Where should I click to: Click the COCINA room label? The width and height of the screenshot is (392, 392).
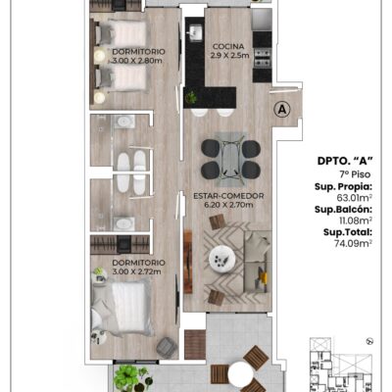point(228,46)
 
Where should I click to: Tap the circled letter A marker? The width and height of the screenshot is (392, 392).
point(281,110)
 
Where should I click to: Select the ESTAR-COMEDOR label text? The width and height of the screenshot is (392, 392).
point(228,196)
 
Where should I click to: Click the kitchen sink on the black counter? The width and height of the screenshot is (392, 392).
point(196,32)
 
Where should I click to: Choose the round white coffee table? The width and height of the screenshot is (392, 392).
point(222,259)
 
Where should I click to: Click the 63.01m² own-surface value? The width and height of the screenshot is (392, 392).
point(355,198)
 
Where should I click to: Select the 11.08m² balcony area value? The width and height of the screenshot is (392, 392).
point(356,220)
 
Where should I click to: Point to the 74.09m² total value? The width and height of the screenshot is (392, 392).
point(353,243)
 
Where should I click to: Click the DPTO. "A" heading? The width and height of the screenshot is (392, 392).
point(345,161)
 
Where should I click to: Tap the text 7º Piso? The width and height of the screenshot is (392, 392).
point(355,174)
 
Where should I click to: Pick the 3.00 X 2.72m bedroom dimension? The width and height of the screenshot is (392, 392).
point(136,271)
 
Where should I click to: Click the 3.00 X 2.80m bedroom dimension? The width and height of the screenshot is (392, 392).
point(137,61)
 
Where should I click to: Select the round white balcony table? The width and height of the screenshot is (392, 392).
point(241,373)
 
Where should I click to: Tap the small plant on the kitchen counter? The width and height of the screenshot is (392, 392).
point(191,97)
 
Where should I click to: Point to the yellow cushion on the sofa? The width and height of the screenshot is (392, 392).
point(262,276)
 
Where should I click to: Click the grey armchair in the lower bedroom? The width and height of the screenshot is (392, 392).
point(167,347)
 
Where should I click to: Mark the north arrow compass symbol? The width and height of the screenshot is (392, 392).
point(369,341)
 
